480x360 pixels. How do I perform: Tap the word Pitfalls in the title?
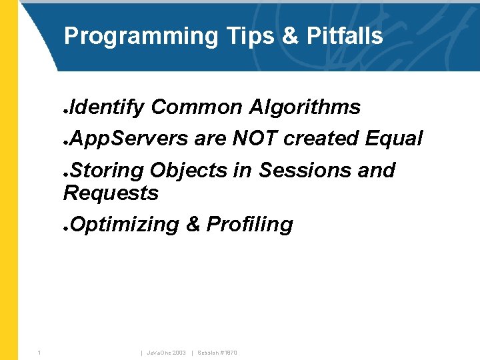[345, 35]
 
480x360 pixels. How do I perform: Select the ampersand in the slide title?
[290, 35]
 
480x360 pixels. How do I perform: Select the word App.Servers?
[129, 139]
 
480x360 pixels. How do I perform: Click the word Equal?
[394, 139]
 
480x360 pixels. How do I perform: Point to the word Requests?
[111, 193]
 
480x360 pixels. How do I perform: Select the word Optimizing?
[124, 225]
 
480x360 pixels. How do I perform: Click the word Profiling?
[249, 225]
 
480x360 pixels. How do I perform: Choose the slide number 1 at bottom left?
[40, 352]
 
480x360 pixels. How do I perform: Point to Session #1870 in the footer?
[217, 352]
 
